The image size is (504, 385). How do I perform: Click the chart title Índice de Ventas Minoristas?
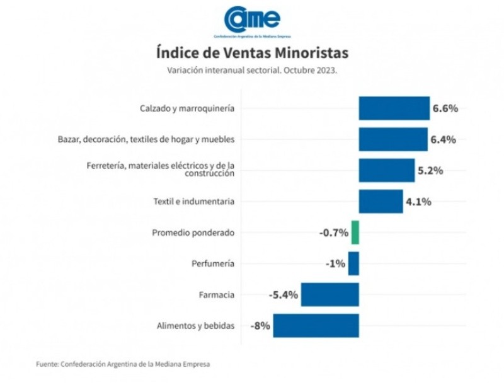[251, 51]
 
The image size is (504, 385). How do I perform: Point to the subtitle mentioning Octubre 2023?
[251, 71]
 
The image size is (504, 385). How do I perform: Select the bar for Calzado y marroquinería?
[394, 108]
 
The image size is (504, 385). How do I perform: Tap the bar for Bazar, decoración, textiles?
[393, 139]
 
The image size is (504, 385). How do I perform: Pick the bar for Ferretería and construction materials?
[387, 170]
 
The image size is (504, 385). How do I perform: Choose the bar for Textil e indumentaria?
[381, 202]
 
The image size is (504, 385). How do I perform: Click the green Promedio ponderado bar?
[355, 233]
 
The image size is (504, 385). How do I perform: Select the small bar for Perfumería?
[353, 263]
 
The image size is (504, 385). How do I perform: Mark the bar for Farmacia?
[329, 294]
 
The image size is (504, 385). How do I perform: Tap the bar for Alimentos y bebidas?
[316, 326]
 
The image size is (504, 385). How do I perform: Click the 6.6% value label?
[445, 108]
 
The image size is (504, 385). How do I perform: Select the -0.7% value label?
[334, 233]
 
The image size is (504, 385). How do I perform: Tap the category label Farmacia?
[217, 294]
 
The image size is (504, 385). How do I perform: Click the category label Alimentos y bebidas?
[195, 326]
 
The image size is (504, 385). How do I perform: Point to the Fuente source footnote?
[123, 364]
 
